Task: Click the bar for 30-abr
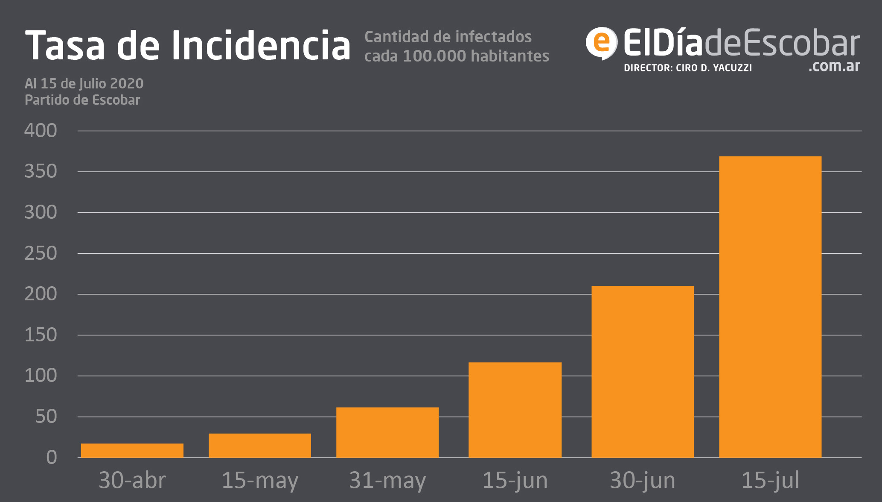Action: [132, 450]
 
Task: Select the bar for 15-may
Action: [259, 446]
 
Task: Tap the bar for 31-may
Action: [387, 432]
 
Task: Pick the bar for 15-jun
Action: [515, 410]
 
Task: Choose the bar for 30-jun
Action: [642, 372]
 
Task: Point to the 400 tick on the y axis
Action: [41, 131]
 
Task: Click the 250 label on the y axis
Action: [41, 253]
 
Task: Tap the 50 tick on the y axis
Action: [46, 417]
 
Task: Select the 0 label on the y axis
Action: [52, 458]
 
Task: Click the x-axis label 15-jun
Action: [515, 480]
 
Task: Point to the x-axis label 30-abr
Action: [132, 480]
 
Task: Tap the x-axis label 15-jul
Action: [770, 480]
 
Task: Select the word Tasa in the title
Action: [65, 45]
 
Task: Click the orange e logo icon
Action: [601, 43]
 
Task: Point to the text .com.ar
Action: [834, 66]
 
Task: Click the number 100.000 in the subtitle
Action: [434, 56]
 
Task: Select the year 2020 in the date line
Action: [126, 83]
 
